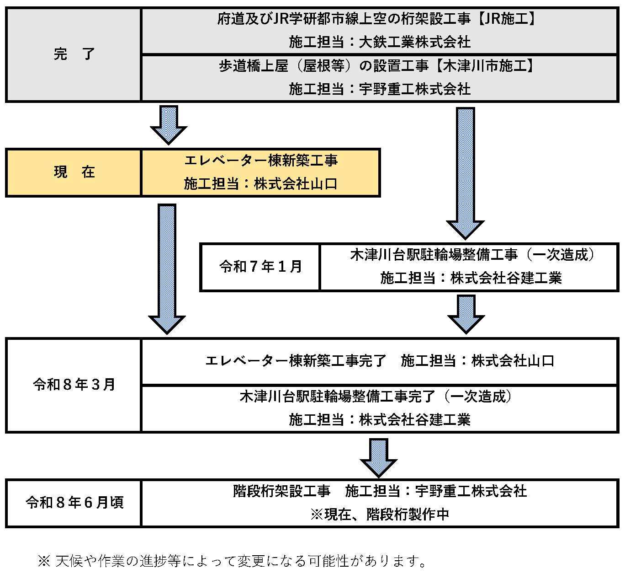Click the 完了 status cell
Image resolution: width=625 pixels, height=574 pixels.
(x=74, y=54)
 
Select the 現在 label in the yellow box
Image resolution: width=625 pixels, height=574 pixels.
(x=74, y=172)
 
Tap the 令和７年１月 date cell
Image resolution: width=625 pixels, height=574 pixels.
(x=260, y=267)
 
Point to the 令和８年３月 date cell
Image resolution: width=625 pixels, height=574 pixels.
(x=74, y=385)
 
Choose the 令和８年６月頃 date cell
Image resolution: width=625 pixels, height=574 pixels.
(x=74, y=503)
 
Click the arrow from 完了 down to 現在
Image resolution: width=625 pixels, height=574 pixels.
(x=169, y=124)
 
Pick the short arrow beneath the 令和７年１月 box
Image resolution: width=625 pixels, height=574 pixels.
(x=466, y=314)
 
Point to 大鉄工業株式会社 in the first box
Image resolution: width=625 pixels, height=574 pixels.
(x=414, y=43)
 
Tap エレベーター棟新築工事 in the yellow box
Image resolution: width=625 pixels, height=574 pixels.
(x=261, y=161)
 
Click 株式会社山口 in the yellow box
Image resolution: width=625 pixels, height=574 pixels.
(x=296, y=184)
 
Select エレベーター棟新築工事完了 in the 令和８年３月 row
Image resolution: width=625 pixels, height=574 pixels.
(x=296, y=361)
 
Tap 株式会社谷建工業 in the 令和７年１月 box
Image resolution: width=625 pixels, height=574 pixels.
(x=506, y=278)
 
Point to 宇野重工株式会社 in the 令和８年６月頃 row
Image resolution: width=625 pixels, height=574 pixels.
(x=471, y=491)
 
